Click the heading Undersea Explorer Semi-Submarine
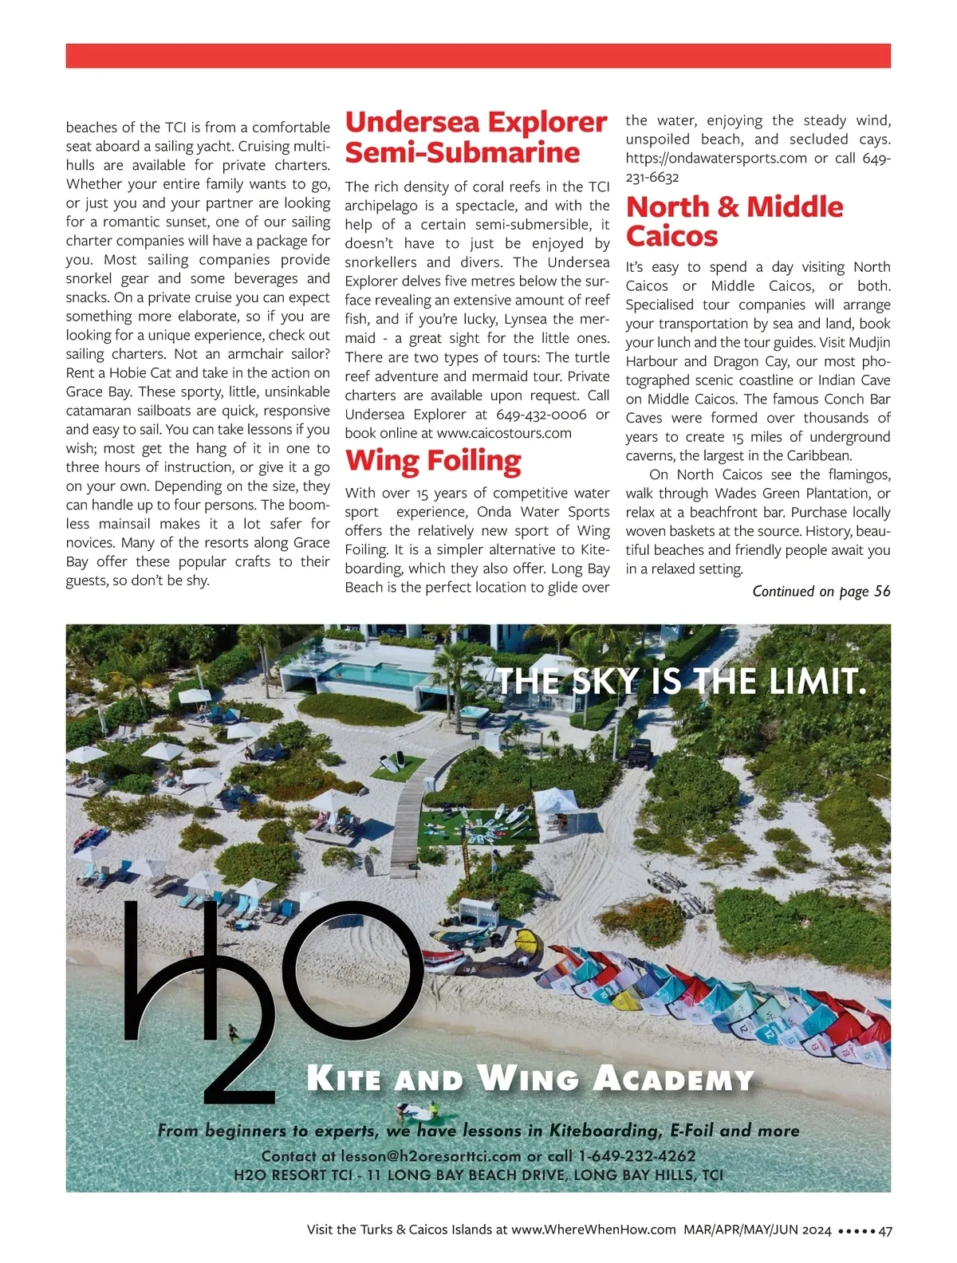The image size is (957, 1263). (x=476, y=137)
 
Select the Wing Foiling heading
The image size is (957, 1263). (x=433, y=461)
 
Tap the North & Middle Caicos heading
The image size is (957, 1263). (x=734, y=221)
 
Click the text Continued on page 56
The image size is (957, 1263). (x=821, y=591)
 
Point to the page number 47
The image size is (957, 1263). (x=884, y=1230)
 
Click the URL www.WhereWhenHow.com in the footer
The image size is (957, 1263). (x=593, y=1230)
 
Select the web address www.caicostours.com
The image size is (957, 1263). (x=504, y=433)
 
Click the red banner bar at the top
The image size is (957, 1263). (x=478, y=56)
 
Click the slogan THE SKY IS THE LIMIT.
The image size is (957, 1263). (x=681, y=682)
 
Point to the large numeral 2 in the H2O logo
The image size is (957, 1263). (x=239, y=1052)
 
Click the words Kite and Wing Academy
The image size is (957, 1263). (x=530, y=1080)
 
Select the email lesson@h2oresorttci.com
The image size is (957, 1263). (x=431, y=1156)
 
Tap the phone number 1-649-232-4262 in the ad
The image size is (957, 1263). (x=637, y=1156)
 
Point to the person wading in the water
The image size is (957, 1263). (x=232, y=1033)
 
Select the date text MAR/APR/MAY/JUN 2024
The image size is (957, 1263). (x=757, y=1230)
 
